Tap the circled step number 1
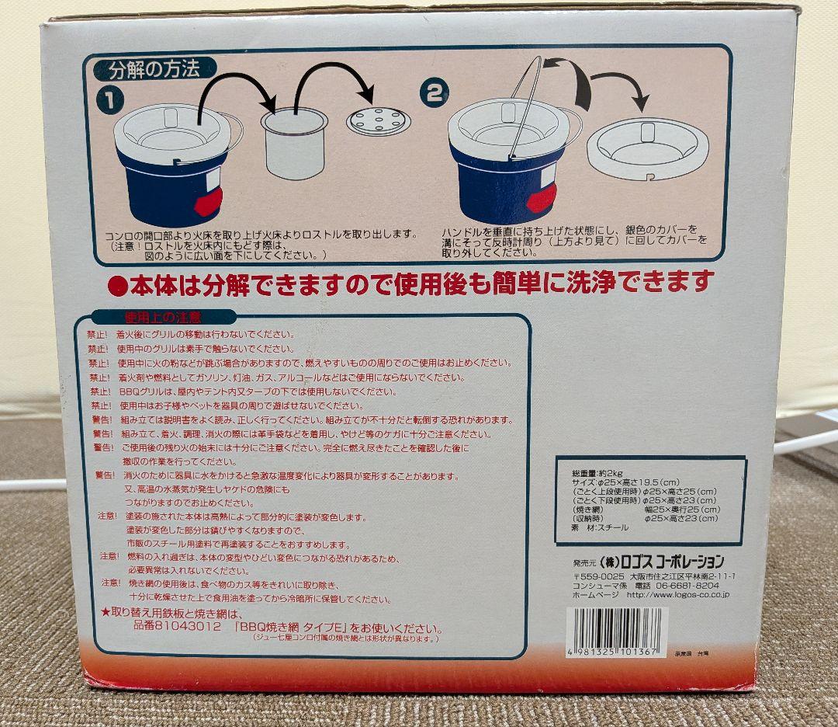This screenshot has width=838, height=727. tap(109, 100)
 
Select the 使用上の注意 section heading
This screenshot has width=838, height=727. tap(164, 317)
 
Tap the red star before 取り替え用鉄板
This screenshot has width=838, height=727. tap(106, 613)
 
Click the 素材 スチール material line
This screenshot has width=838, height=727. tap(601, 527)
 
